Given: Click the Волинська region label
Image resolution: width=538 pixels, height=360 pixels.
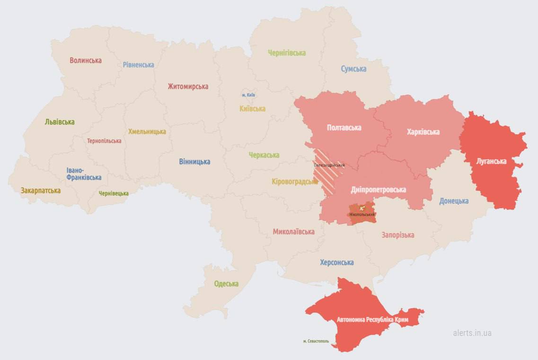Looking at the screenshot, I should [x=85, y=61].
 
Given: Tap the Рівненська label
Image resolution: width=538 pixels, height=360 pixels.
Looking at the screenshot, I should [x=138, y=65].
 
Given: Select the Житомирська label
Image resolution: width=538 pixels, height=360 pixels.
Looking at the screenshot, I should [x=187, y=87].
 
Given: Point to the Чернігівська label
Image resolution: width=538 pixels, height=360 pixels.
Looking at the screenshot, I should [x=286, y=53].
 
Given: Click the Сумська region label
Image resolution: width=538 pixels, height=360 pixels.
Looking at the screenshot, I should [x=353, y=69].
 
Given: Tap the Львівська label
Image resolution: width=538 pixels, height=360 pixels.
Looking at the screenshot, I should [x=60, y=122].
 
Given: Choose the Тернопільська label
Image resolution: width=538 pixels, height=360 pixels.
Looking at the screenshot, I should [x=104, y=141].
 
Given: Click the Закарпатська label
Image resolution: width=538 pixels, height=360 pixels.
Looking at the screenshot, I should [x=40, y=191].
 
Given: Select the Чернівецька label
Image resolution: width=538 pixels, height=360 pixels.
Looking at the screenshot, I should [x=114, y=193].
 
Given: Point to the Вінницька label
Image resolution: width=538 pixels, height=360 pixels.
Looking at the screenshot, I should [x=194, y=162].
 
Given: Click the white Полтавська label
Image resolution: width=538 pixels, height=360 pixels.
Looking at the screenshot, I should [x=344, y=128].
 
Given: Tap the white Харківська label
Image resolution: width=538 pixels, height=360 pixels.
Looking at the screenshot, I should [x=423, y=132].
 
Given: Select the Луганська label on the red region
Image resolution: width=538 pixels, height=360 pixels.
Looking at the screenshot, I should [x=491, y=161].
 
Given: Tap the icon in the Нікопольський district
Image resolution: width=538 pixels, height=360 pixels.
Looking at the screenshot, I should [x=362, y=208].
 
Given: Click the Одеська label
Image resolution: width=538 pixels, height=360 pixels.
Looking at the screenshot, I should [x=226, y=284].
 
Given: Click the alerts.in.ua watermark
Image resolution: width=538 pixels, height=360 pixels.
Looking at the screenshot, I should [x=472, y=333].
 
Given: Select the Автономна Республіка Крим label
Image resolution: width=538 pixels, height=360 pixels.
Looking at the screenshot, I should [x=372, y=320].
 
